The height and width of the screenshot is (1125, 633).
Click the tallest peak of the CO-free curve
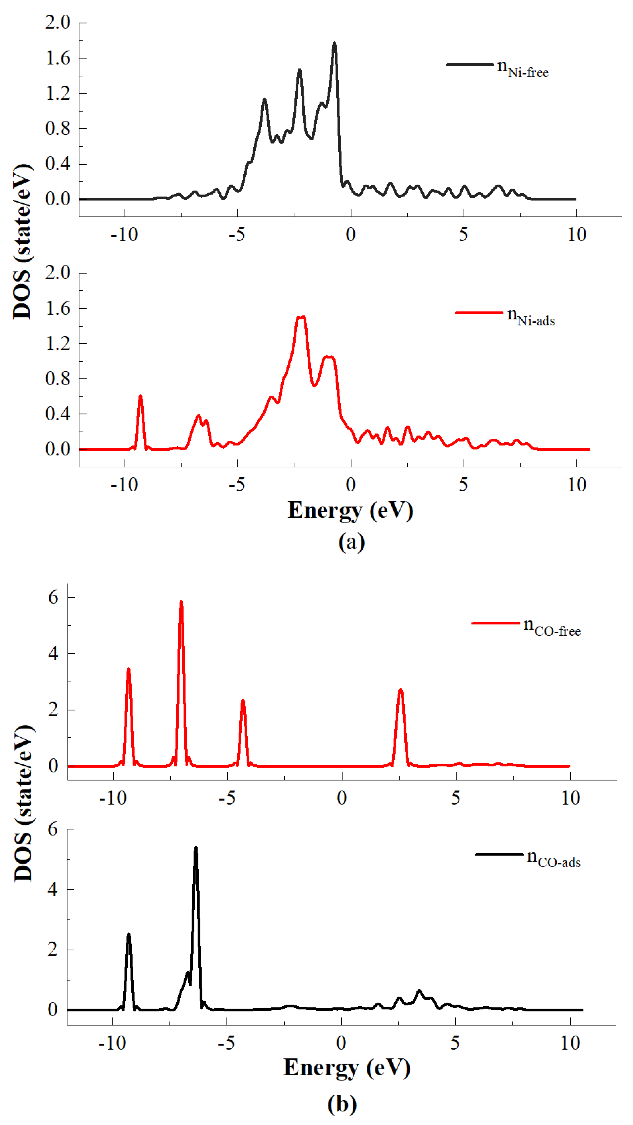(181, 603)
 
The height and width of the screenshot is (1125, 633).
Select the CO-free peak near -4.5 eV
(243, 701)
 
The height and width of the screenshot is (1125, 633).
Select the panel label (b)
(342, 1104)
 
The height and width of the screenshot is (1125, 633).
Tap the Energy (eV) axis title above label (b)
(347, 1068)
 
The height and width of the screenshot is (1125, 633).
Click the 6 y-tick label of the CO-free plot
(53, 597)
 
